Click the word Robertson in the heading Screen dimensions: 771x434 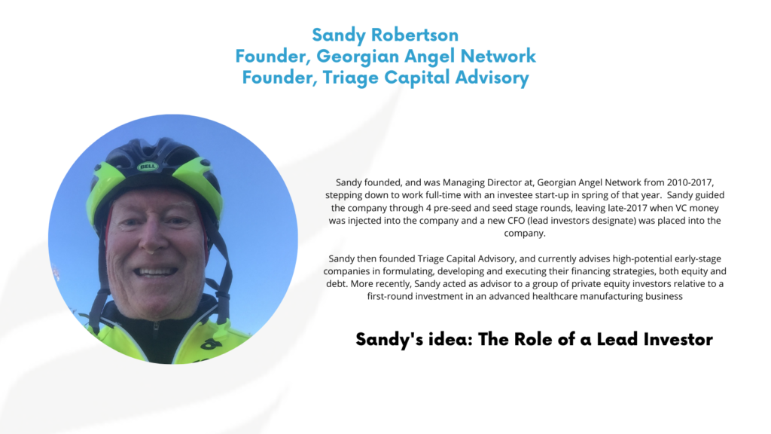(415, 35)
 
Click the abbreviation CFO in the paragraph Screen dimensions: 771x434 (516, 221)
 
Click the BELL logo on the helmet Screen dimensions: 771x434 (148, 167)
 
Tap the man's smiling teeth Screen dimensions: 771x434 (155, 271)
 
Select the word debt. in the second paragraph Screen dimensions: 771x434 (337, 284)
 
